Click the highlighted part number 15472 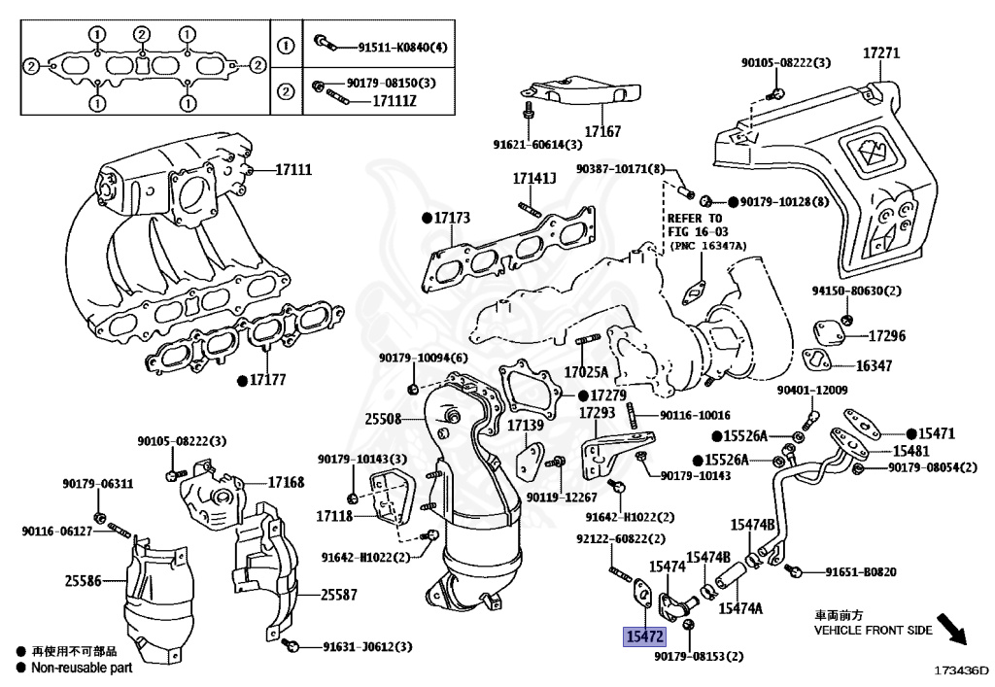click(645, 636)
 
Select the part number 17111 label click(293, 169)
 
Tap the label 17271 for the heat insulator click(880, 52)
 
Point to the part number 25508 click(383, 419)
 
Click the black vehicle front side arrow click(952, 628)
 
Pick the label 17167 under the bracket click(602, 131)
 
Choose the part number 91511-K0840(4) click(403, 47)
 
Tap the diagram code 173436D click(961, 670)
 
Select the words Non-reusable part click(82, 668)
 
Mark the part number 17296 click(886, 335)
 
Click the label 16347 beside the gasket click(874, 365)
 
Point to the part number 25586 click(84, 580)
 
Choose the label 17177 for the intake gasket click(268, 380)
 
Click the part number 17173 click(452, 218)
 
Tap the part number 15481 click(911, 451)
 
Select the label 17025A click(586, 372)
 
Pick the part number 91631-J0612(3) click(367, 647)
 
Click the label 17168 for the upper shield click(287, 483)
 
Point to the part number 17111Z click(395, 101)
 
